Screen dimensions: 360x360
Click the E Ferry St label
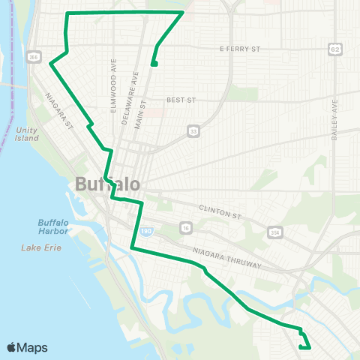coord(239,49)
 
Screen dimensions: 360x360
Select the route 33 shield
coord(193,131)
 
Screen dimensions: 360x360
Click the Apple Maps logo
coord(27,347)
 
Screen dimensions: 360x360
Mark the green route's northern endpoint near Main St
coord(154,64)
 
